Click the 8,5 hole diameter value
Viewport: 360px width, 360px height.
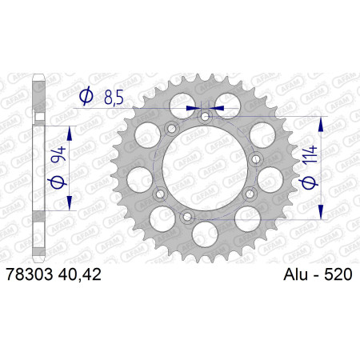point(114,98)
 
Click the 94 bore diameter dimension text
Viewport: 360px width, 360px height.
point(58,154)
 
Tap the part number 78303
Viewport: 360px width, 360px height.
point(30,274)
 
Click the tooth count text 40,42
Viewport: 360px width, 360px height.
point(79,274)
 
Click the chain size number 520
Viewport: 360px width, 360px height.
point(338,274)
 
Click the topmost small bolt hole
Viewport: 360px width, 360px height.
point(205,116)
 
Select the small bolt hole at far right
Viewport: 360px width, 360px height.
point(256,159)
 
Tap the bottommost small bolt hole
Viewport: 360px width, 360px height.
point(188,216)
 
